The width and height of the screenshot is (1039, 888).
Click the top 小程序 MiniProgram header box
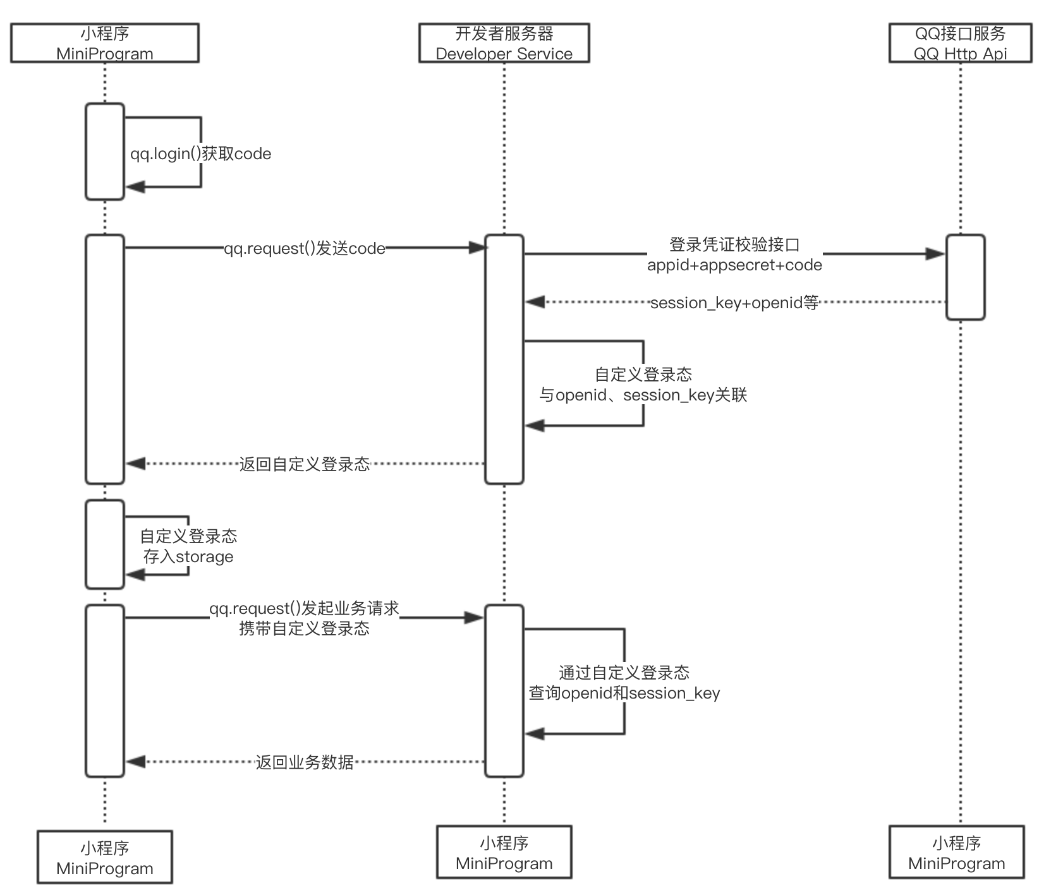click(105, 43)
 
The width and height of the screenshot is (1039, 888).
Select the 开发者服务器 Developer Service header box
click(504, 43)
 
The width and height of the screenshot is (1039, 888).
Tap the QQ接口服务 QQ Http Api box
click(960, 43)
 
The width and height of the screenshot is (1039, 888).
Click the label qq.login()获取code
click(200, 154)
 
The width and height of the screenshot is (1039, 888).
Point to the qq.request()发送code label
click(304, 249)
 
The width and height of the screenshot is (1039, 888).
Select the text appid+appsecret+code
click(734, 265)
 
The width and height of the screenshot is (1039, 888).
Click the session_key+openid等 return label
click(734, 303)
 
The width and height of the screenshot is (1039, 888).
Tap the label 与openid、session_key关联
click(643, 395)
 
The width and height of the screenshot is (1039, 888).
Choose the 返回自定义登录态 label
click(304, 465)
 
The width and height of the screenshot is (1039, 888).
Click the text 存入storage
click(188, 557)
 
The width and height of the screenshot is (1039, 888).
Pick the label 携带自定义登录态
click(304, 629)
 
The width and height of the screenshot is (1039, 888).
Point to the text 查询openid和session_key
click(624, 693)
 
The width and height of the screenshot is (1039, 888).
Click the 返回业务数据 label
click(304, 762)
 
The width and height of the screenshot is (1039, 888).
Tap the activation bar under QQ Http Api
click(965, 277)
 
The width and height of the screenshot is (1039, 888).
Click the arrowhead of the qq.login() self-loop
click(135, 187)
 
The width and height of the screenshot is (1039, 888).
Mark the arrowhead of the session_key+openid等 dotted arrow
click(535, 303)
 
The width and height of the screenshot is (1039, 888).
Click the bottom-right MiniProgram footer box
click(956, 853)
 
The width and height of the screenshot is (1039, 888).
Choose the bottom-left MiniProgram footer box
click(105, 858)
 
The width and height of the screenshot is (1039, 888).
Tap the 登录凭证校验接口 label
click(734, 245)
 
